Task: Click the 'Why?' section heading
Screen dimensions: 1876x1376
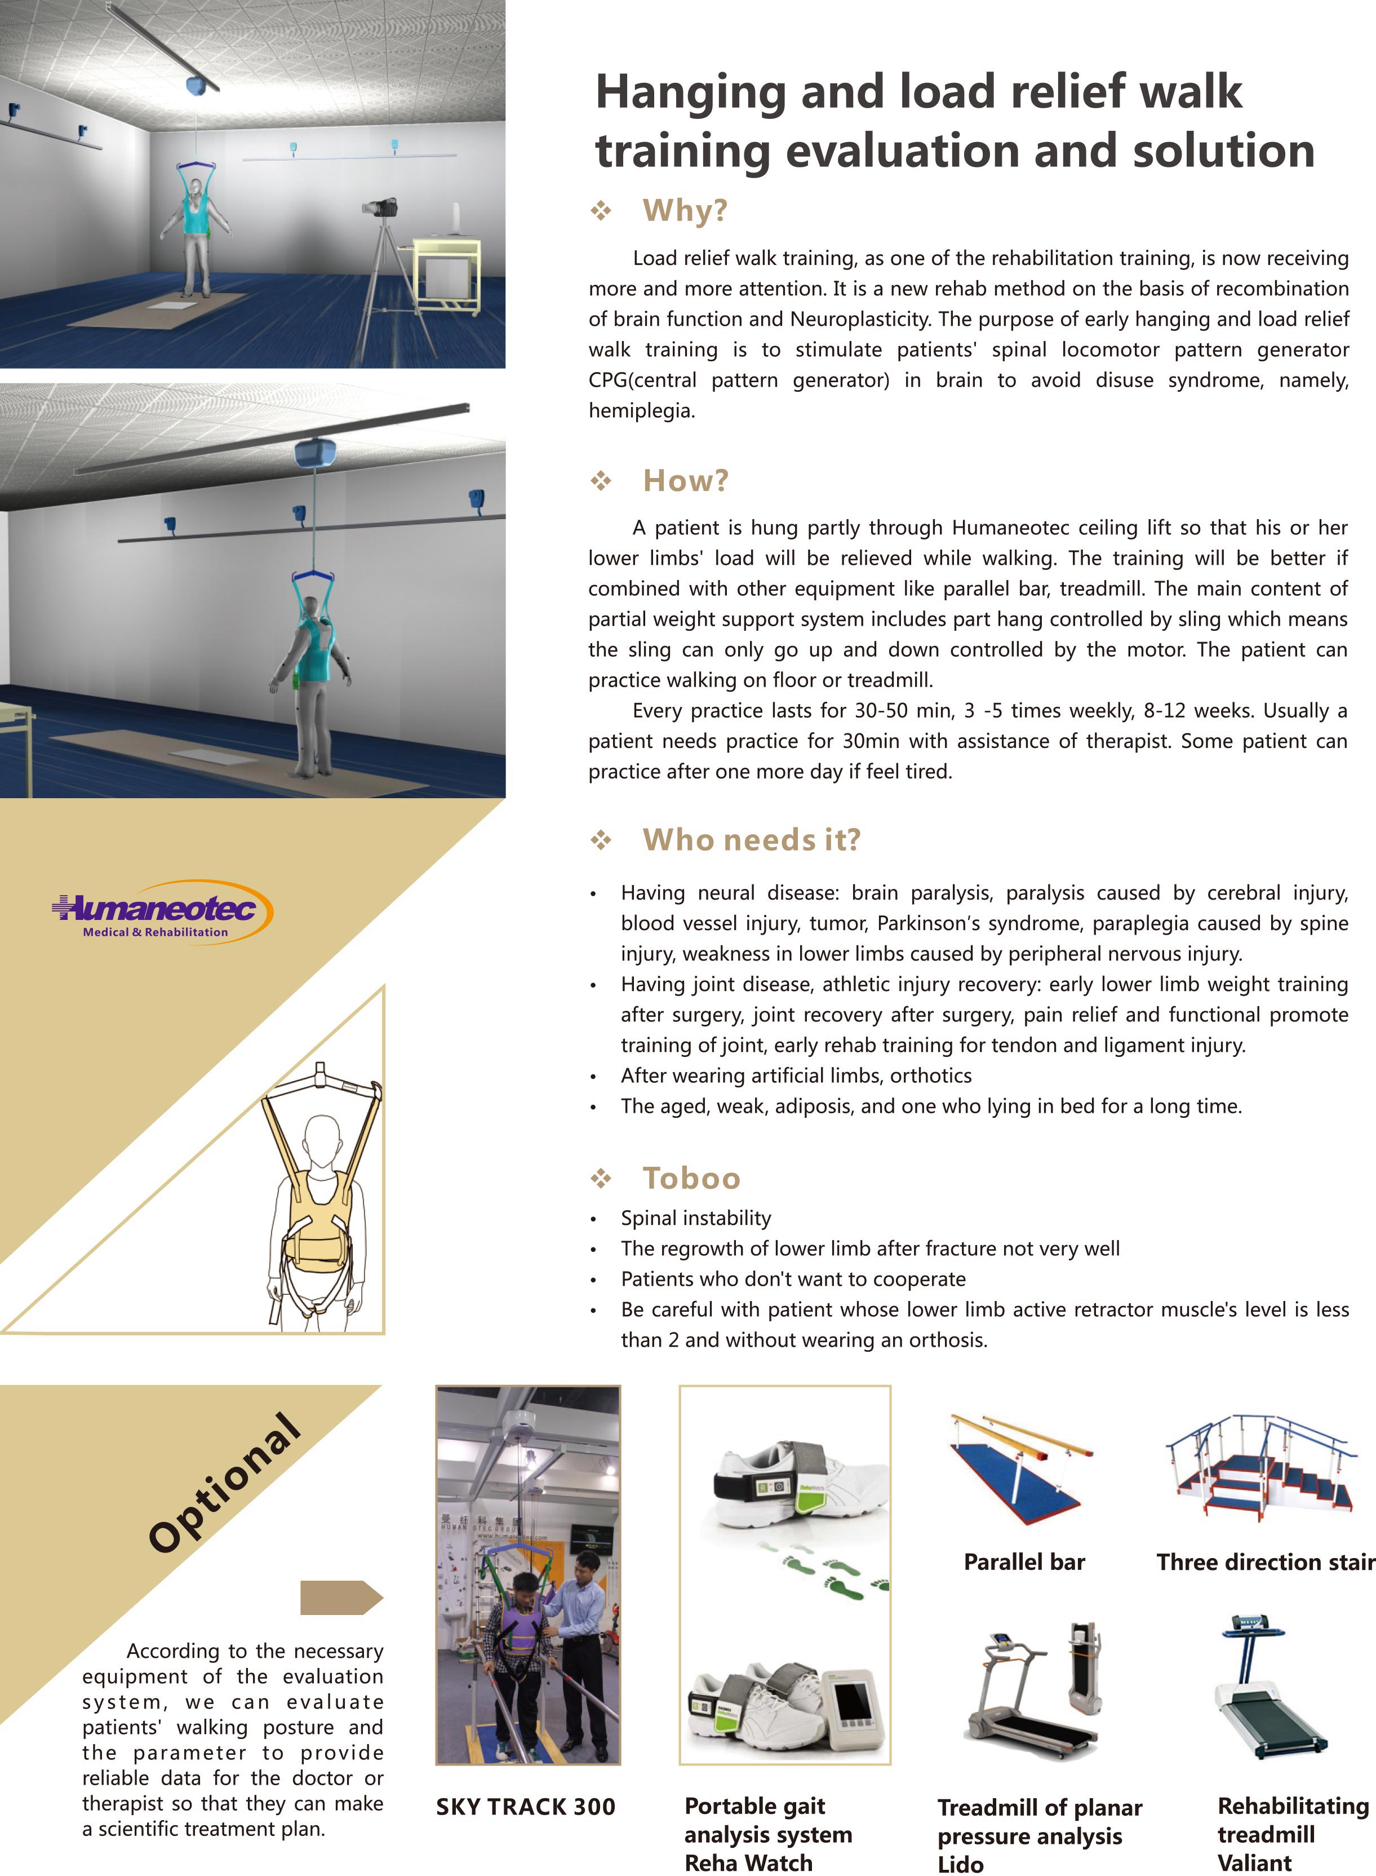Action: [x=685, y=211]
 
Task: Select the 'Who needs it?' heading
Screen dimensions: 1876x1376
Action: [x=751, y=840]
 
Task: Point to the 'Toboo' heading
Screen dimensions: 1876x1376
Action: [x=691, y=1178]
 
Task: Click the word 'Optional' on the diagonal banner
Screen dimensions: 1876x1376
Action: [x=225, y=1483]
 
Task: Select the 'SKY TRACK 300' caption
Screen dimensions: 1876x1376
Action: [x=526, y=1807]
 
